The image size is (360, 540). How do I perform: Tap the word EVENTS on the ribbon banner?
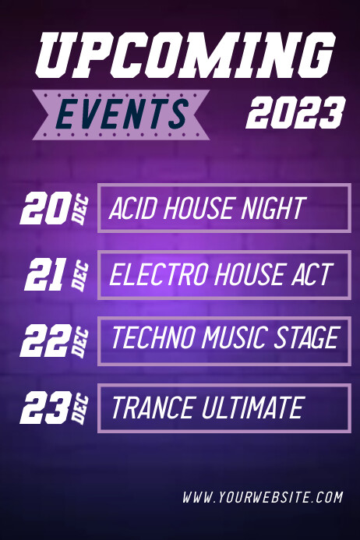pos(122,114)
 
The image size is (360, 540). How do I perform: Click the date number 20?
pos(45,208)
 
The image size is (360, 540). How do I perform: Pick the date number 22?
pos(45,341)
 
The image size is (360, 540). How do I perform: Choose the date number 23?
pos(45,407)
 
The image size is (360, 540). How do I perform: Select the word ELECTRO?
pos(153,275)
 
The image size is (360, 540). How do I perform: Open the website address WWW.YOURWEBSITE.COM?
pos(263,496)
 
